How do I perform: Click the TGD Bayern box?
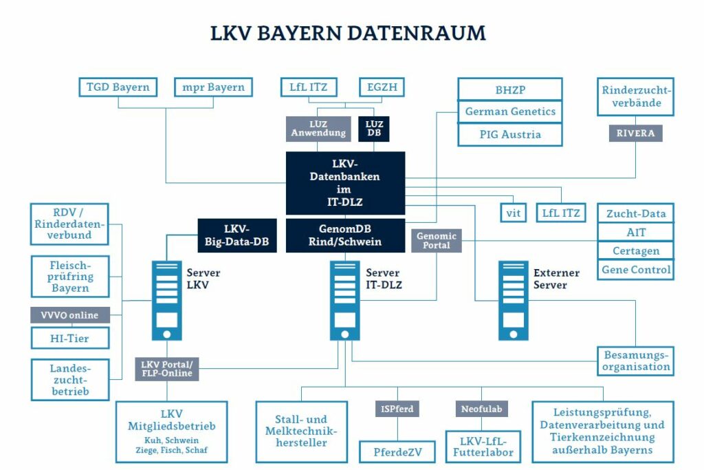coord(118,87)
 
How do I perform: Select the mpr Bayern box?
coord(213,87)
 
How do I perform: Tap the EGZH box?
coord(382,87)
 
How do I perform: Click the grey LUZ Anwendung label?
coord(318,129)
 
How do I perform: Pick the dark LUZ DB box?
coord(374,129)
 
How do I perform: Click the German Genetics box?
coord(510,111)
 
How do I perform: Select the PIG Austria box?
coord(510,134)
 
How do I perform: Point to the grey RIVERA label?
coord(635,133)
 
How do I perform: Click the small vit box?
coord(513,213)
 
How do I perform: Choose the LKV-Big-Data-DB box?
coord(237,235)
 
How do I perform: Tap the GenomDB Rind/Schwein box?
coord(345,235)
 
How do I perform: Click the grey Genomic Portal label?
coord(437,240)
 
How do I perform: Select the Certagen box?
coord(636,250)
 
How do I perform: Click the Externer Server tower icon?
coord(513,301)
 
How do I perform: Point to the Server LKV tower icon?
coord(166,301)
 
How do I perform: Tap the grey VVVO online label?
coord(70,315)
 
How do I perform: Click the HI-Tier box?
coord(70,339)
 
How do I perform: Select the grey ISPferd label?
coord(397,409)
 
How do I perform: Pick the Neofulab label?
coord(481,409)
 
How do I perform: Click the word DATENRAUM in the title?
coord(416,33)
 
